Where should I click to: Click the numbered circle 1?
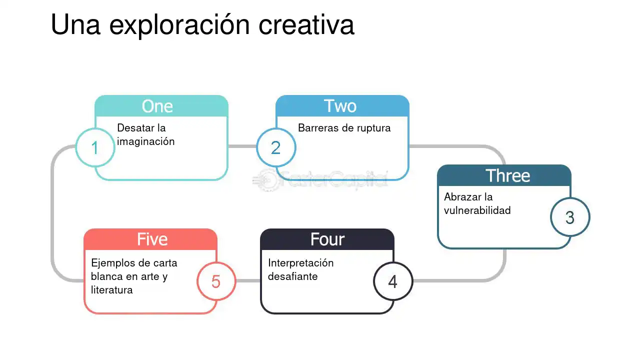(x=95, y=147)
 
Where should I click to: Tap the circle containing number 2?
(x=276, y=147)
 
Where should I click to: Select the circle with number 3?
(x=570, y=217)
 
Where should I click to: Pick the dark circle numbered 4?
(x=393, y=281)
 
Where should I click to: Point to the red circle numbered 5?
(x=216, y=281)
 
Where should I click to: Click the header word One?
(x=157, y=106)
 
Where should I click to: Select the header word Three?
(x=507, y=175)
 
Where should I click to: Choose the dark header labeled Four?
(x=327, y=239)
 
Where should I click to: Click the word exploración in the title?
(x=179, y=25)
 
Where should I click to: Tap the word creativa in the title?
(x=306, y=25)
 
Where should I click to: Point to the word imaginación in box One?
(x=145, y=141)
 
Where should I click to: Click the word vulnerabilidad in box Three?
(x=477, y=210)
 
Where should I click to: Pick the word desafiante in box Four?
(x=292, y=276)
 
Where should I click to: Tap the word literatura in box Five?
(x=111, y=290)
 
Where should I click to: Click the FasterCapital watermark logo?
(x=320, y=180)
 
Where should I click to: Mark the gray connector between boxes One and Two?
(x=242, y=146)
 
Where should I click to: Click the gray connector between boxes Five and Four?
(x=248, y=281)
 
